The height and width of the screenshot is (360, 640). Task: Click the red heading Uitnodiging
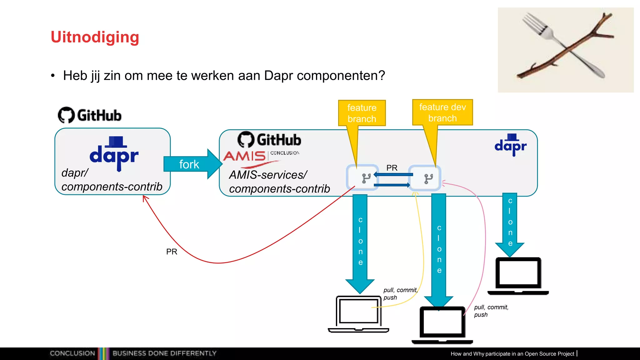[x=95, y=37]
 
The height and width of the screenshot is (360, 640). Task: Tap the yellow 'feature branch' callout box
[x=362, y=113]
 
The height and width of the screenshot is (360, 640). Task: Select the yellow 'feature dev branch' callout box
[x=442, y=112]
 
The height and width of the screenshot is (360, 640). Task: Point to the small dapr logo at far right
[x=511, y=145]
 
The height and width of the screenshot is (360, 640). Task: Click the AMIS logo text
[x=244, y=156]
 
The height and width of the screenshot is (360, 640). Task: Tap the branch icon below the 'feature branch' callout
[x=366, y=178]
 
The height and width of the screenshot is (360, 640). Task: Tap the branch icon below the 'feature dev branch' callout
[x=428, y=178]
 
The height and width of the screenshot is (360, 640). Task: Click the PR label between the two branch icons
[x=392, y=168]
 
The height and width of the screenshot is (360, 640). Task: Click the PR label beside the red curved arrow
[x=172, y=252]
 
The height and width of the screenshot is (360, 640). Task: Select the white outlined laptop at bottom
[x=358, y=314]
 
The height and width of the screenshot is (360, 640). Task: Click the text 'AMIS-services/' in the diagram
[x=268, y=175]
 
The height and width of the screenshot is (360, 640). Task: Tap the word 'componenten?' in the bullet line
[x=341, y=76]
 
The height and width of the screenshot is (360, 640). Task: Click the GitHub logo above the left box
[x=90, y=115]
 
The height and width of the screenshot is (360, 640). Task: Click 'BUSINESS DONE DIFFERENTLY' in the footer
[x=164, y=353]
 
